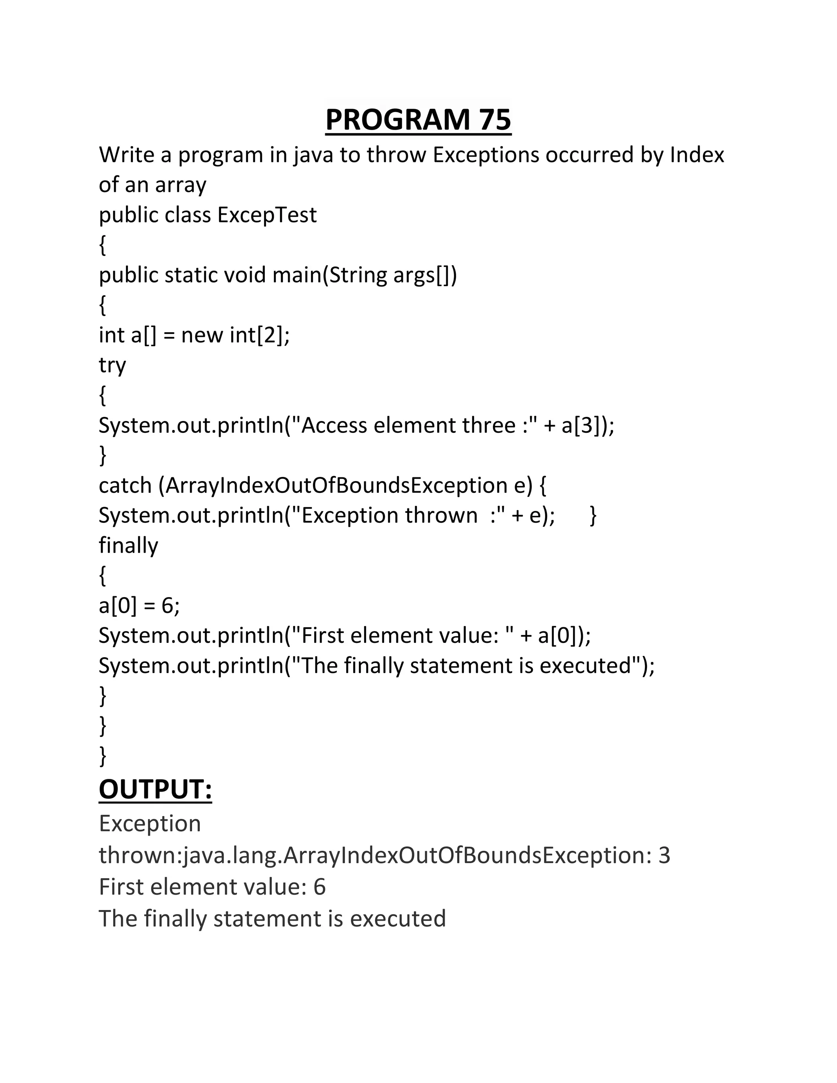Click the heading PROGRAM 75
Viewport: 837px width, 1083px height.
coord(418,119)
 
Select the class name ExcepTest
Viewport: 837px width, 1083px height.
coord(267,215)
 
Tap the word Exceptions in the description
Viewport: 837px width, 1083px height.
coord(486,155)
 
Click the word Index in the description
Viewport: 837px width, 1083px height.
coord(697,155)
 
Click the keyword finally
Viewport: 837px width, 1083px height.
coord(128,546)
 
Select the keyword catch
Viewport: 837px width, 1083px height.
coord(125,486)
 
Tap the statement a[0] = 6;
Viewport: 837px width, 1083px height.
coord(139,606)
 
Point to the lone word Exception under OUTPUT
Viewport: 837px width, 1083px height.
coord(150,823)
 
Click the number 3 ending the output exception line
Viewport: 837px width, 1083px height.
coord(664,855)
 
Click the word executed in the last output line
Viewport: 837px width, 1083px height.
coord(398,918)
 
